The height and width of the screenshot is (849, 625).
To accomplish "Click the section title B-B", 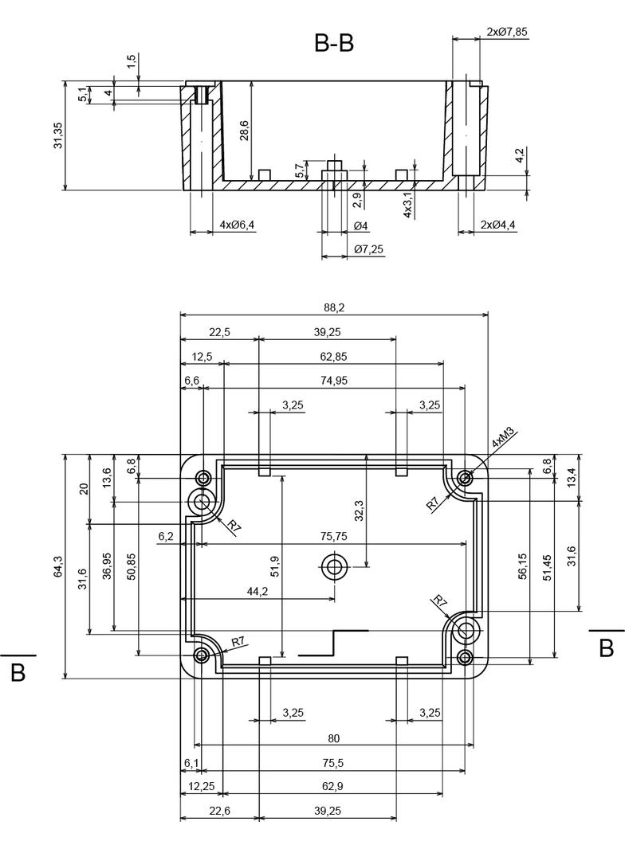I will (x=334, y=44).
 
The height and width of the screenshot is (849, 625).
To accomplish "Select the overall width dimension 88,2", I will (x=334, y=307).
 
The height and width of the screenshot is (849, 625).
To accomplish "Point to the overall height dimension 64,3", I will (x=58, y=566).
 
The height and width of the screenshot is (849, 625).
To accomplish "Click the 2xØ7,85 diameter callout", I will (x=506, y=32).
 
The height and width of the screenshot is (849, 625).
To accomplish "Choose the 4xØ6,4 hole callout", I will (x=237, y=225).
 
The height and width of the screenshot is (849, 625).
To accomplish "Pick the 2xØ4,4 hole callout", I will (x=498, y=225).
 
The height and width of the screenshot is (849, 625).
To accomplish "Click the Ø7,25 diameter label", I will (x=368, y=249).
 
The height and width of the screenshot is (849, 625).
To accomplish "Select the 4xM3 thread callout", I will (x=503, y=440).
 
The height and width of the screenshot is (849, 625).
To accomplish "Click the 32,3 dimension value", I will (x=358, y=511).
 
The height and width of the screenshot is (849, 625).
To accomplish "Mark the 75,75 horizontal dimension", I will (x=335, y=536).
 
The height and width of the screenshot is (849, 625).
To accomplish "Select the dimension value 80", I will (x=334, y=737).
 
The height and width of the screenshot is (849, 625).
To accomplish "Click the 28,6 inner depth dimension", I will (x=244, y=131).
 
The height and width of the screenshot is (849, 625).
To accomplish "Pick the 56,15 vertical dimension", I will (x=522, y=566).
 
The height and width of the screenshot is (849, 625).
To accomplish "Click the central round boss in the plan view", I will (x=333, y=568).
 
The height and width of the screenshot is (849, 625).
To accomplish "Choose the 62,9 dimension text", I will (x=334, y=786).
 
